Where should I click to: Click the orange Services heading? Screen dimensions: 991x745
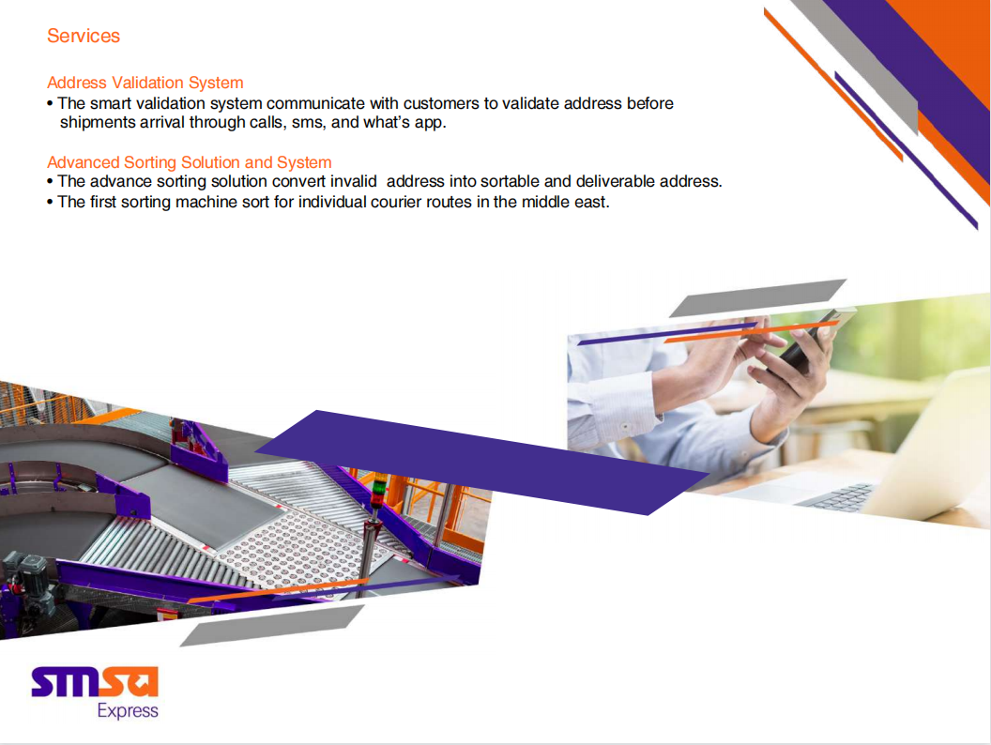pos(84,36)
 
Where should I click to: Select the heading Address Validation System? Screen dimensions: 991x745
pos(145,83)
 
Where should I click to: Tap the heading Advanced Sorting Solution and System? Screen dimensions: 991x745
pos(190,162)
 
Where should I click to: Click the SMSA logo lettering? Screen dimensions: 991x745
pos(95,682)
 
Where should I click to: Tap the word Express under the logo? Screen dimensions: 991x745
pos(128,711)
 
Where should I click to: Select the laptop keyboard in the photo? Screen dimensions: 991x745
pos(835,496)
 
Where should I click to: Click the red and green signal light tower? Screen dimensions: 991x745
pos(378,491)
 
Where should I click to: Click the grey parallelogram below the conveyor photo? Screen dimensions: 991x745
pos(272,626)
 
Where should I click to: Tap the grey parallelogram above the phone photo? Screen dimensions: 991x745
pos(757,298)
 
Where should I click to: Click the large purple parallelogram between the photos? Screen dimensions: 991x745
pos(482,463)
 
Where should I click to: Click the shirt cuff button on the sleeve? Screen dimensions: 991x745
pos(625,428)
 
